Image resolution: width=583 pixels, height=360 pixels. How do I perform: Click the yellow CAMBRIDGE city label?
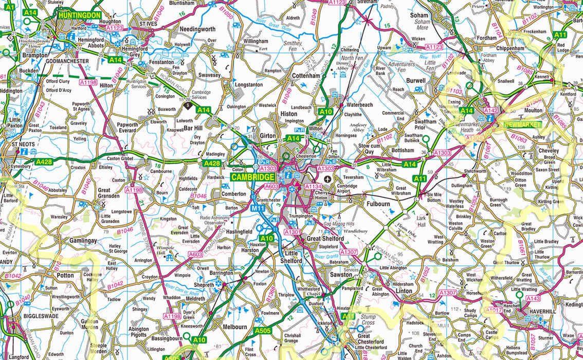pos(252,177)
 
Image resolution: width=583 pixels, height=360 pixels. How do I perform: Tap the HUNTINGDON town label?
pos(80,15)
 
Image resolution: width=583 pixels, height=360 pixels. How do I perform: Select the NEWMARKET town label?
pos(523,125)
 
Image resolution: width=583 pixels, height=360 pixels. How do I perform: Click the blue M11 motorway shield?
pos(258,208)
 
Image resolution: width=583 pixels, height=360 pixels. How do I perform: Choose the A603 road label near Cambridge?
pos(271,186)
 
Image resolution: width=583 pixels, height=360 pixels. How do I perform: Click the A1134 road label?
pos(313,186)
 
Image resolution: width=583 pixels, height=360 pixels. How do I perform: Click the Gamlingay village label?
pos(68,241)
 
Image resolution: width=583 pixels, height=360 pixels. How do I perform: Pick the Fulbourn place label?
pos(378,204)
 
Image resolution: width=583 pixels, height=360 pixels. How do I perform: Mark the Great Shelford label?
pos(325,239)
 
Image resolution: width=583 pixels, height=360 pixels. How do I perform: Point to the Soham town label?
pos(419,15)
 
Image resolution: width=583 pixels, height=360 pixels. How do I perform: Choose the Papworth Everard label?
pos(127,128)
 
